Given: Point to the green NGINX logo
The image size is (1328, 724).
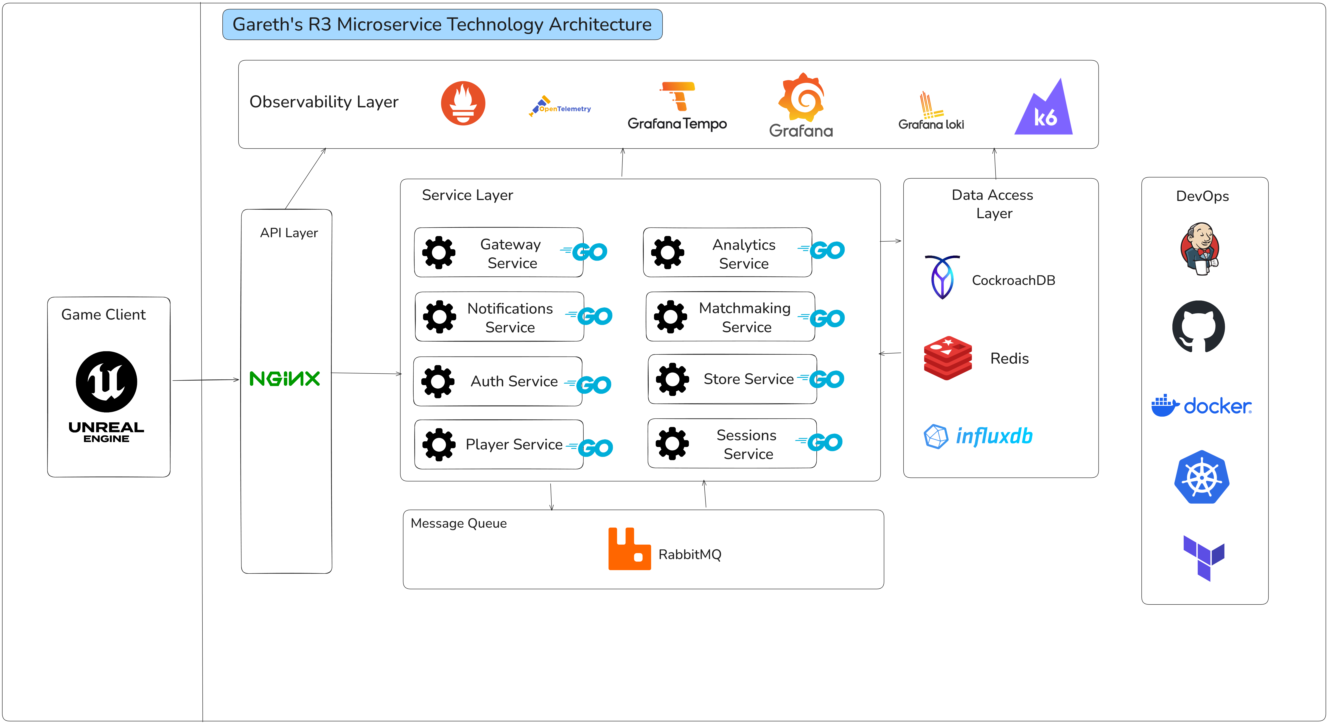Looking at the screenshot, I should click(285, 379).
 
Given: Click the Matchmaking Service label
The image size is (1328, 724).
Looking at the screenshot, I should click(745, 317).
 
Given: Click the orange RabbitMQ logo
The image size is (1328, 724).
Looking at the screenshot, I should click(629, 549).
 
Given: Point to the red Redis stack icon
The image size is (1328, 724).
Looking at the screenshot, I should click(947, 358).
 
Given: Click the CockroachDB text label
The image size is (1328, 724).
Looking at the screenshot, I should click(1013, 280).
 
